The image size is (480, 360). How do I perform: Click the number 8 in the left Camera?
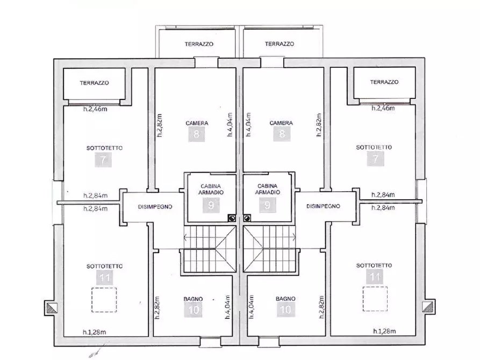[197, 134]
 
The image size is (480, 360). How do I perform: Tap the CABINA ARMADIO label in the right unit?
[268, 189]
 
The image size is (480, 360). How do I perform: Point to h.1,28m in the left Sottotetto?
[94, 332]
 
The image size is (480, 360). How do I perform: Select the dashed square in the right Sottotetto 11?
[375, 299]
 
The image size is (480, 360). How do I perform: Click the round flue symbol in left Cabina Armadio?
[232, 218]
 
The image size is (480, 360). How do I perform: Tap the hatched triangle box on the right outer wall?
[428, 307]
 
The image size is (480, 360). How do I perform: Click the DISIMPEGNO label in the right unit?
[323, 206]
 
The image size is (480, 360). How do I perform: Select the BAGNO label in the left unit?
[193, 299]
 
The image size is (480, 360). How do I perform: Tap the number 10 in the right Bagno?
[285, 310]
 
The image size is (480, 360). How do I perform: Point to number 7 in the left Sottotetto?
[103, 160]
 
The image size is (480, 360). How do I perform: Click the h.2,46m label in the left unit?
[95, 109]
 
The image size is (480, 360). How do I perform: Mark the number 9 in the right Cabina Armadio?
[268, 205]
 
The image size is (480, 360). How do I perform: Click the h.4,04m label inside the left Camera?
[230, 124]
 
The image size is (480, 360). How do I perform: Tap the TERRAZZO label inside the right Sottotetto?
[384, 82]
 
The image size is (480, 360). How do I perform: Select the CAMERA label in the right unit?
[281, 123]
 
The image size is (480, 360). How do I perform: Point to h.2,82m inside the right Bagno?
[321, 307]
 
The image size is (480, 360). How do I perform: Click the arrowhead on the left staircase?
[185, 237]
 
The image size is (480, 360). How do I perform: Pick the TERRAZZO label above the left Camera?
[199, 44]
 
